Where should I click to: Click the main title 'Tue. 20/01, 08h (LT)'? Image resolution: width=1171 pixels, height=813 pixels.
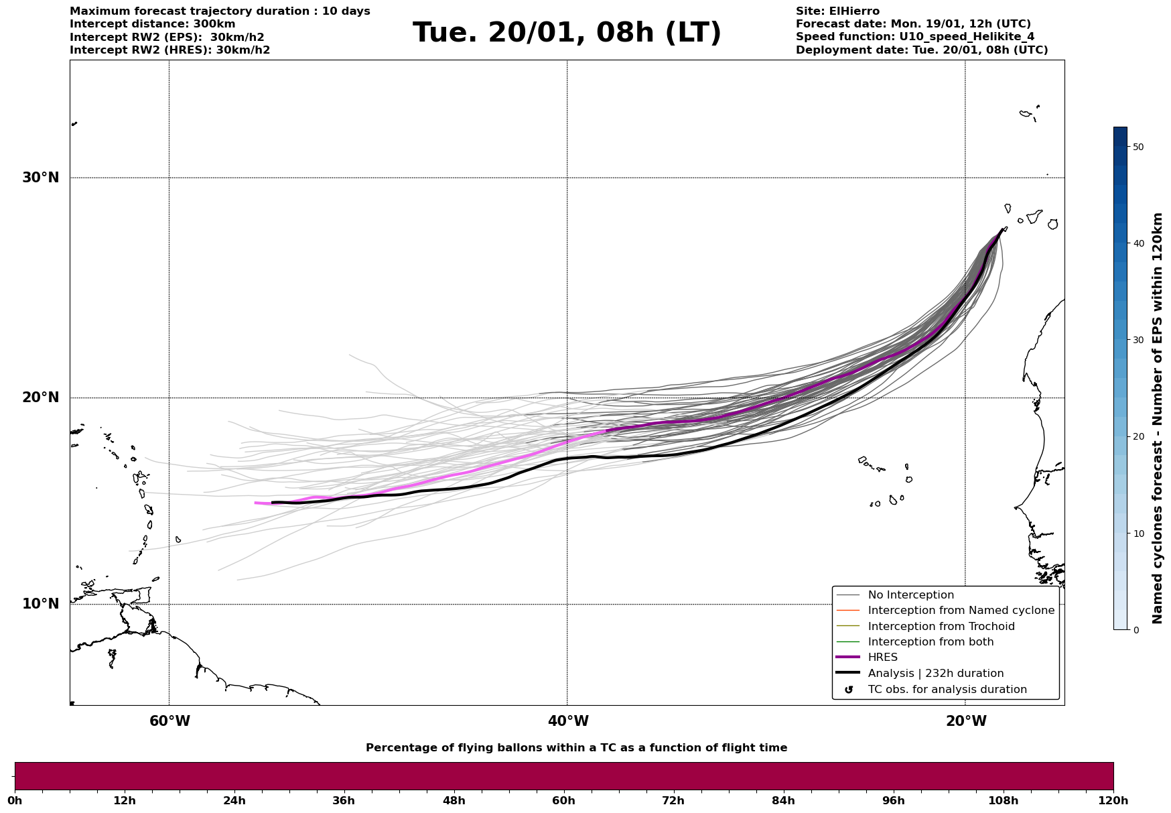point(567,33)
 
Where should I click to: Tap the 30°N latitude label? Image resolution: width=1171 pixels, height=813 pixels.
point(40,178)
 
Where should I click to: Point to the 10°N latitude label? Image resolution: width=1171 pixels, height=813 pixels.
point(40,604)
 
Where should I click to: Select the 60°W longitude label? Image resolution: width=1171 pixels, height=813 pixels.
point(169,721)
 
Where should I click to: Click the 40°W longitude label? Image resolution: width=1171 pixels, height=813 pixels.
point(568,721)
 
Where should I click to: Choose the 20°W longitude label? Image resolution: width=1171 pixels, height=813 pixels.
point(966,721)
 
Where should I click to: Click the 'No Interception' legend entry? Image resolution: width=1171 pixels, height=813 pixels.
point(910,595)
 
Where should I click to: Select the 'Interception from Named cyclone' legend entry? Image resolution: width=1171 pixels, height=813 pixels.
point(961,611)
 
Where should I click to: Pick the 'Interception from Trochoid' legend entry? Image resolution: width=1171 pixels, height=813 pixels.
point(941,627)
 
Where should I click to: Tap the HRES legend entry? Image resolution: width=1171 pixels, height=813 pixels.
point(882,658)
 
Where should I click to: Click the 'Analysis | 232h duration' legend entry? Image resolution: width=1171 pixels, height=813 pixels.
point(935,674)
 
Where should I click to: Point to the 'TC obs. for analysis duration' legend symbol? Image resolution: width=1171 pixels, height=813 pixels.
point(849,690)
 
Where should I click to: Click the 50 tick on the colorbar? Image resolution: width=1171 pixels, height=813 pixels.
point(1138,147)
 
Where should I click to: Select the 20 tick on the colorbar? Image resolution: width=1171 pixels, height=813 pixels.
point(1138,437)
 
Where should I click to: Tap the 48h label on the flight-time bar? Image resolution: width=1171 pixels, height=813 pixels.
point(454,801)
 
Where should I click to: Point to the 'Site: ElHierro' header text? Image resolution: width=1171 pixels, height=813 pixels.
point(837,11)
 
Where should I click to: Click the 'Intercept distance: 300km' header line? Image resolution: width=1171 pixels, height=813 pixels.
point(153,24)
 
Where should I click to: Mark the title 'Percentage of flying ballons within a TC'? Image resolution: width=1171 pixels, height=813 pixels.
point(576,748)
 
